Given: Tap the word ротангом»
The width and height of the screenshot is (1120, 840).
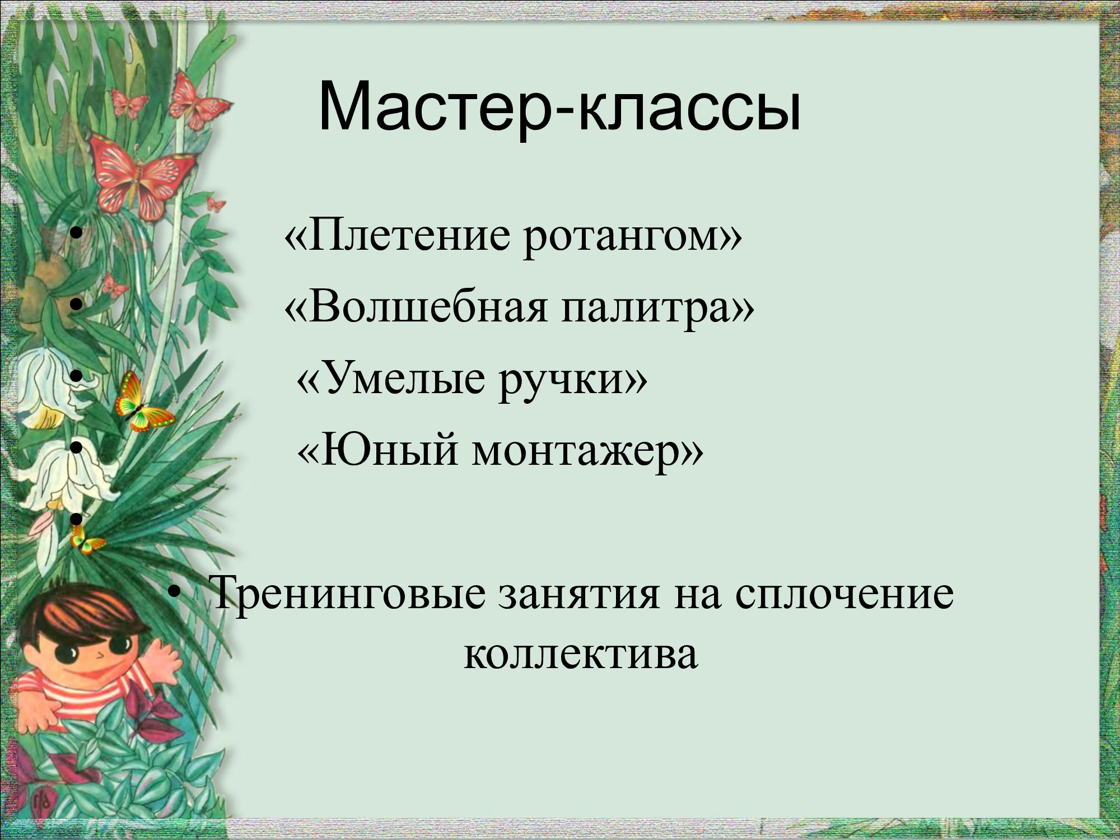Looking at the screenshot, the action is point(633,238).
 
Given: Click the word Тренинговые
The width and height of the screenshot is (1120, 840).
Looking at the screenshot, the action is point(348,594).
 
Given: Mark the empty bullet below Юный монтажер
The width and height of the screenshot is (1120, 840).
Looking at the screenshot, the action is point(77,520).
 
